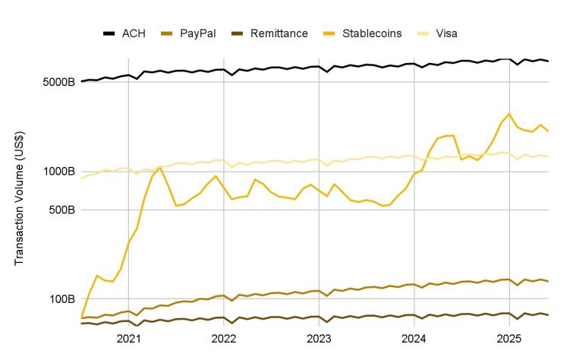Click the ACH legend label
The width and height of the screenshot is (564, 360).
click(x=134, y=33)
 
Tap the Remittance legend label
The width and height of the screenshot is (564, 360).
click(x=278, y=33)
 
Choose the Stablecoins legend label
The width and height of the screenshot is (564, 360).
click(x=373, y=33)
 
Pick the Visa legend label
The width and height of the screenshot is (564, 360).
click(x=446, y=33)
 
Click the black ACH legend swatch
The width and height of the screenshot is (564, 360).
click(x=109, y=33)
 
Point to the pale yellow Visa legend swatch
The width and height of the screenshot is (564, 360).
click(x=423, y=33)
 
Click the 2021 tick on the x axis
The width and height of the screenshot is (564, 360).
click(x=128, y=338)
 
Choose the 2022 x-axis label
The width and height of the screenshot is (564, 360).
click(x=223, y=338)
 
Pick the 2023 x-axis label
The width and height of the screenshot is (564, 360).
click(x=318, y=338)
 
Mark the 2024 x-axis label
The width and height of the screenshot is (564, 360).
click(x=413, y=338)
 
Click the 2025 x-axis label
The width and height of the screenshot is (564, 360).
click(x=508, y=338)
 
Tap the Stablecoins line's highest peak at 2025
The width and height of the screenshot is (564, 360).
click(x=509, y=114)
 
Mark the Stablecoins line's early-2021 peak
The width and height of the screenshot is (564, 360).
click(x=160, y=168)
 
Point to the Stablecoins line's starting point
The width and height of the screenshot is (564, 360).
click(x=81, y=317)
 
